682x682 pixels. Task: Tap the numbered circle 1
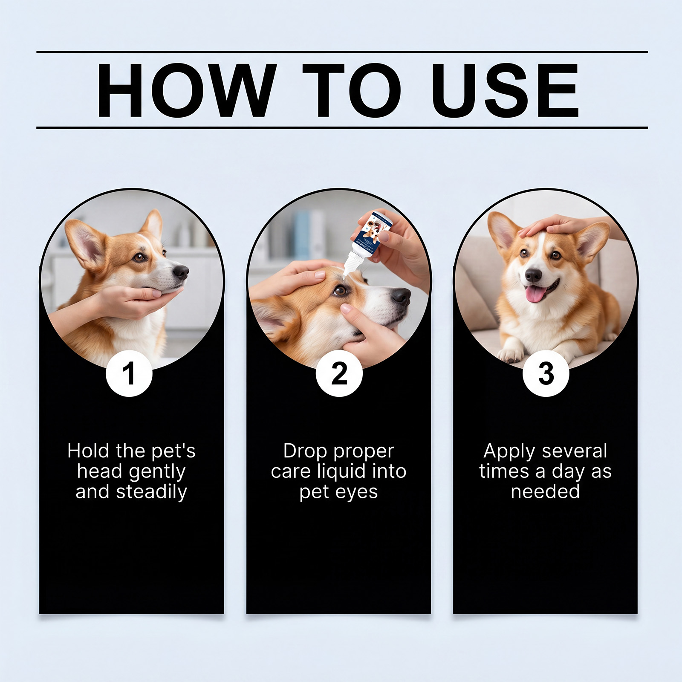pyautogui.click(x=129, y=374)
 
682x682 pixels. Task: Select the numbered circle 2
pyautogui.click(x=339, y=374)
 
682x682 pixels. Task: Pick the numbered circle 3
pyautogui.click(x=546, y=374)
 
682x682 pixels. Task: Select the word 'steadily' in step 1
pyautogui.click(x=152, y=492)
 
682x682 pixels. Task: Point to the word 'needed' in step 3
pyautogui.click(x=545, y=491)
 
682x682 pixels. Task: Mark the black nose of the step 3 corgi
pyautogui.click(x=533, y=275)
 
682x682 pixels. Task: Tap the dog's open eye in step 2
pyautogui.click(x=340, y=291)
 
